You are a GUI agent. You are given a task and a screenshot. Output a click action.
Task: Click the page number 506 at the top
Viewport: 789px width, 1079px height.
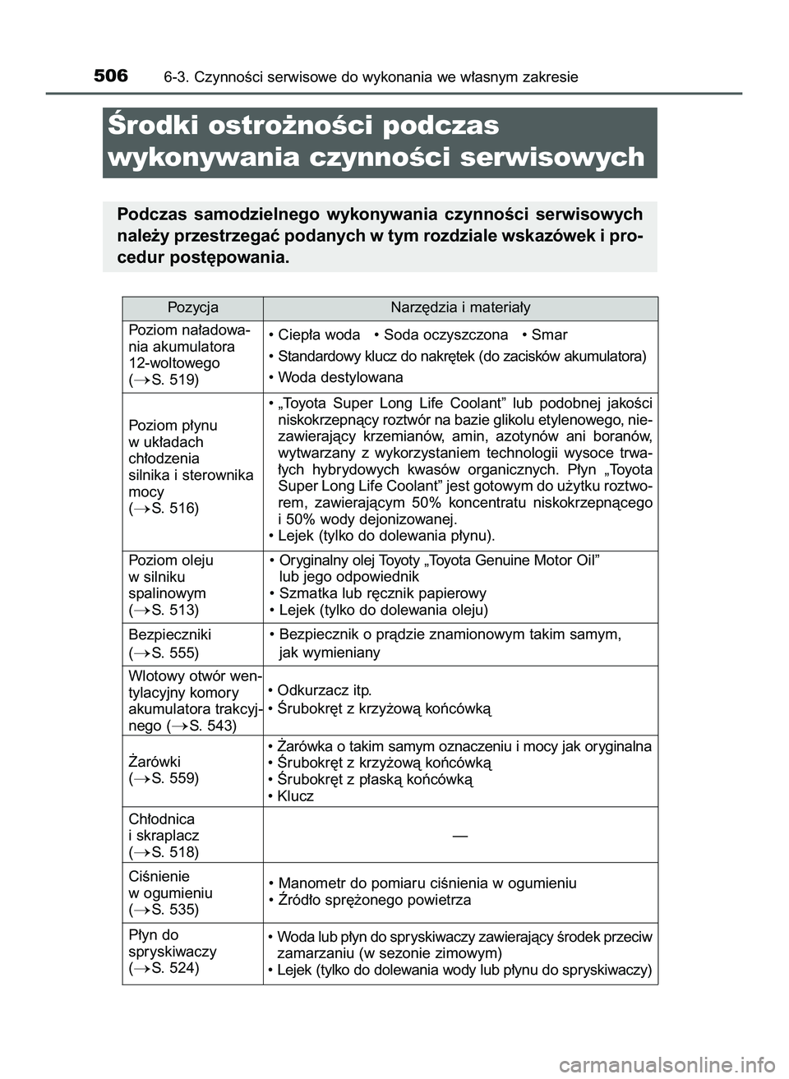coord(111,76)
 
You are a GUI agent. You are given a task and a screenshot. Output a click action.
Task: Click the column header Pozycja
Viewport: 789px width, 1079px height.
coord(192,308)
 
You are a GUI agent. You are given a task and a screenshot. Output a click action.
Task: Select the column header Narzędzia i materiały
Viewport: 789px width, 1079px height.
coord(460,308)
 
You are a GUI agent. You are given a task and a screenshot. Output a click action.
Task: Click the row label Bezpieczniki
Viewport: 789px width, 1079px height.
coord(170,634)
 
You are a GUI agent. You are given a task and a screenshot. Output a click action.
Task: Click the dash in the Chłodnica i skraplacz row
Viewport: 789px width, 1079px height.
coord(459,835)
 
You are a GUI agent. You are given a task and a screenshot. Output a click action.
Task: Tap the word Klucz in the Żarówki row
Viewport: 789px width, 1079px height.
coord(296,796)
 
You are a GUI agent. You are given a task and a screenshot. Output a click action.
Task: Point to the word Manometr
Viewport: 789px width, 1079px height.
coord(311,883)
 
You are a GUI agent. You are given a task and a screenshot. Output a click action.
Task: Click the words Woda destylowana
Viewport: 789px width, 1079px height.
coord(341,378)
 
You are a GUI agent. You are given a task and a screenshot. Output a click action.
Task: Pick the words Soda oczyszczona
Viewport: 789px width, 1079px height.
coord(445,335)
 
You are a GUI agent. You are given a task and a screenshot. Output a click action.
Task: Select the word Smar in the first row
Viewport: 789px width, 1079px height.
coord(549,335)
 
